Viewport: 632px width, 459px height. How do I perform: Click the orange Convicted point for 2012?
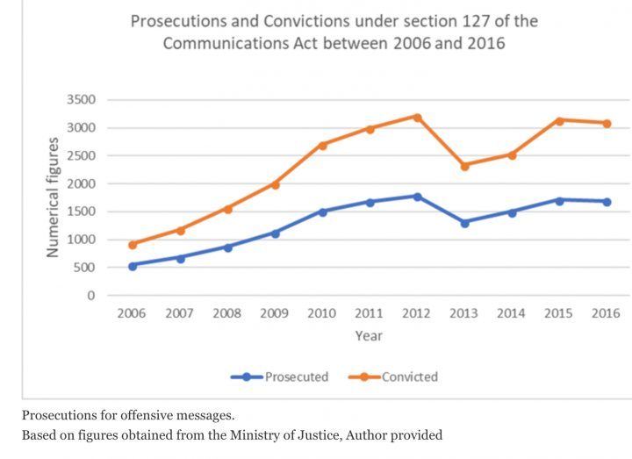pos(417,117)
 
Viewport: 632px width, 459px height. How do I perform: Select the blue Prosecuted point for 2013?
pos(464,223)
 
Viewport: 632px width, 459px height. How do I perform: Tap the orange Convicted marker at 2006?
pos(133,245)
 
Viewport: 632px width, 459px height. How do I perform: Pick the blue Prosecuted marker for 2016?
pos(607,202)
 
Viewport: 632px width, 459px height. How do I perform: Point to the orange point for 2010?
pos(322,145)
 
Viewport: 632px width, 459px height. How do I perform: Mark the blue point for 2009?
pos(275,233)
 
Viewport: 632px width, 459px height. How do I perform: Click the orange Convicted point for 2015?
pos(559,120)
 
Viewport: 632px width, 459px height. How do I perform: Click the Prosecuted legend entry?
pos(280,377)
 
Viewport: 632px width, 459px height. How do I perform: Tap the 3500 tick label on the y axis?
pos(80,100)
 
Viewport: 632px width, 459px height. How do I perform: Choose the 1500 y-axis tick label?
pos(80,212)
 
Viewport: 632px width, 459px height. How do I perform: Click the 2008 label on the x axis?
pos(226,313)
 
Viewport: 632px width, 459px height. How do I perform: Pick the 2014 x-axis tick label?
pos(511,313)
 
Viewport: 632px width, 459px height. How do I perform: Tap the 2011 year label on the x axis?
pos(369,313)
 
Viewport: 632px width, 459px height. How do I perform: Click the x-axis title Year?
pos(369,335)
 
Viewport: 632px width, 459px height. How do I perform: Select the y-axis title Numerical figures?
pos(54,197)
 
